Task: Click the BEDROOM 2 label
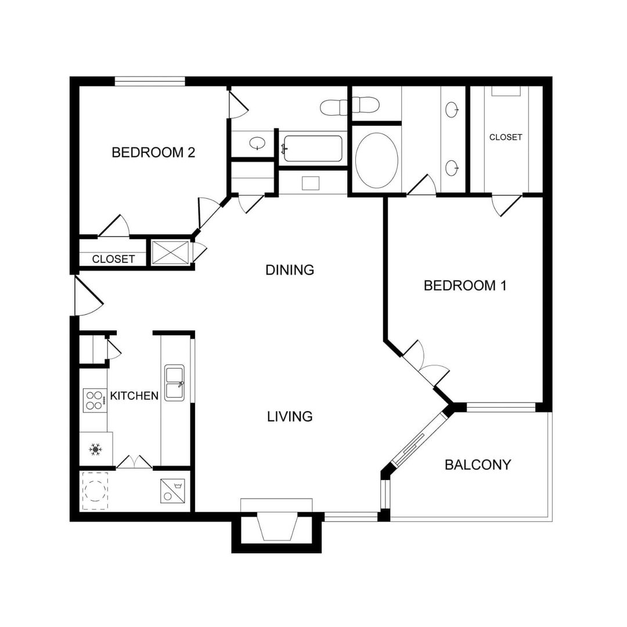coord(153,153)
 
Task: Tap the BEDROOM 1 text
coord(465,286)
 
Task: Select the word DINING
coord(289,270)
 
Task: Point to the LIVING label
coord(290,416)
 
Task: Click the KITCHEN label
coord(134,396)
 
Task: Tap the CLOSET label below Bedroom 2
coord(113,259)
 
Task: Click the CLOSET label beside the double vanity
coord(505,138)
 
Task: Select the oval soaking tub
coord(376,160)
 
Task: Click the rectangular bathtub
coord(312,149)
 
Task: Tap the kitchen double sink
coord(175,383)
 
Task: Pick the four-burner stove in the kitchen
coord(93,399)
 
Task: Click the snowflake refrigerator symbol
coord(95,449)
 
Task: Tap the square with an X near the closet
coord(170,253)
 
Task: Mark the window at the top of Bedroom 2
coord(149,81)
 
